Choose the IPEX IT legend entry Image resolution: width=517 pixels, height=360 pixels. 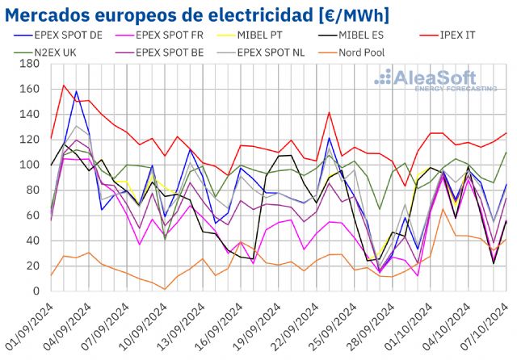463,36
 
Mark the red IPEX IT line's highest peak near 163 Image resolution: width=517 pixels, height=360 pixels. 64,86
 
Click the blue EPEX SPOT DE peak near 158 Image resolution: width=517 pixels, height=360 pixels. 76,91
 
